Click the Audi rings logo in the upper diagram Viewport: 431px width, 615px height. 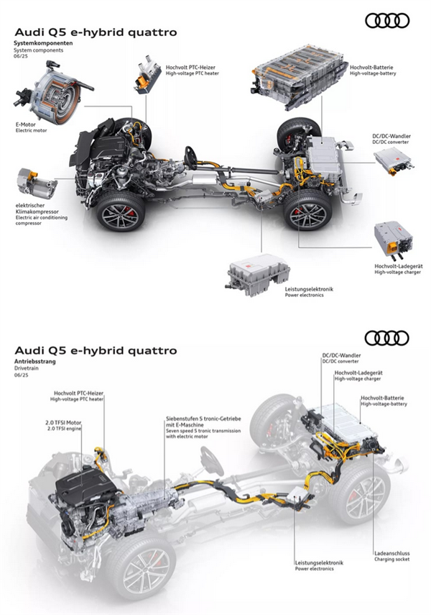[387, 22]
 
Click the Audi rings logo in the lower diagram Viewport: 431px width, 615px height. [387, 338]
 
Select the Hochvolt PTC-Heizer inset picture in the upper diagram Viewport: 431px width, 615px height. [149, 73]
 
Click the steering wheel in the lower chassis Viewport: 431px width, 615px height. [211, 459]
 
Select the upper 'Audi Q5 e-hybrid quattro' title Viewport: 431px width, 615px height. [96, 32]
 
